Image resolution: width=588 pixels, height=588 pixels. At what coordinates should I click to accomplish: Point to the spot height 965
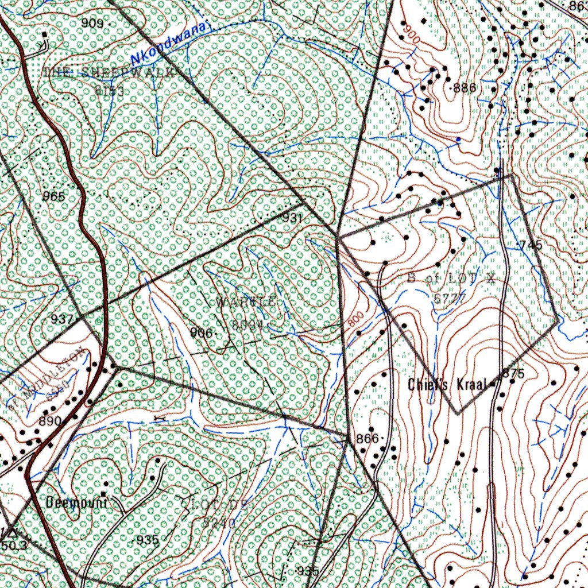point(54,196)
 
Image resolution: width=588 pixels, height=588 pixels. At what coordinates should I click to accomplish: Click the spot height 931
point(292,218)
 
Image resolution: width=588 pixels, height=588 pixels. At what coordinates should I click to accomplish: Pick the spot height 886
point(465,88)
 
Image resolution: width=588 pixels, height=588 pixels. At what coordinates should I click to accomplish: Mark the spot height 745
point(531,245)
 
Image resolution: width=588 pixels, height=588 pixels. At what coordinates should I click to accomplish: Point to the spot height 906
point(202,333)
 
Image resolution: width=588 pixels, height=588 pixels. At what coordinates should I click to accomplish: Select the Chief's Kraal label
point(447,384)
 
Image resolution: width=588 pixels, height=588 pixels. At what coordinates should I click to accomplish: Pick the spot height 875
point(513,374)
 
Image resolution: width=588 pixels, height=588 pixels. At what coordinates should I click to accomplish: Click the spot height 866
point(367,438)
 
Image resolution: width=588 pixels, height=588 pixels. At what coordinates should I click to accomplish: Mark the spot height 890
point(50,421)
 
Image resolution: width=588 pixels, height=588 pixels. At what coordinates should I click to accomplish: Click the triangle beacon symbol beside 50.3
point(13,532)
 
